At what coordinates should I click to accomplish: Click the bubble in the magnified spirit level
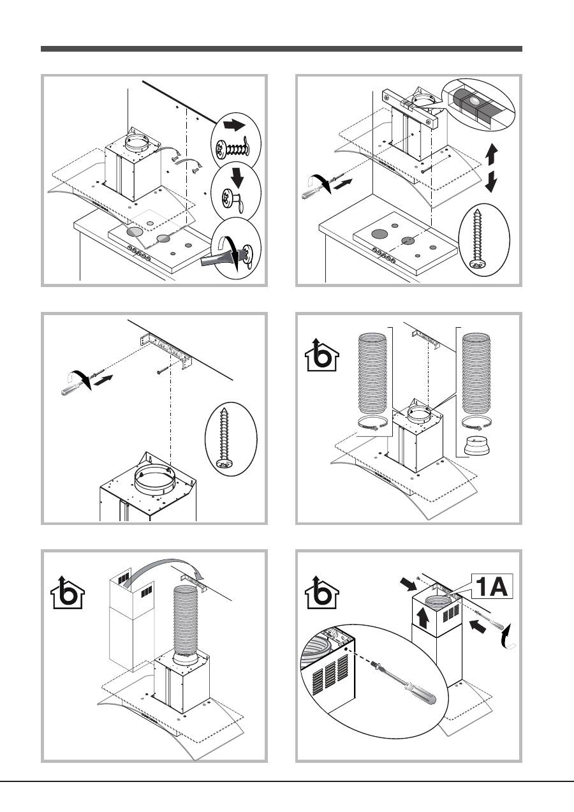click(473, 100)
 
